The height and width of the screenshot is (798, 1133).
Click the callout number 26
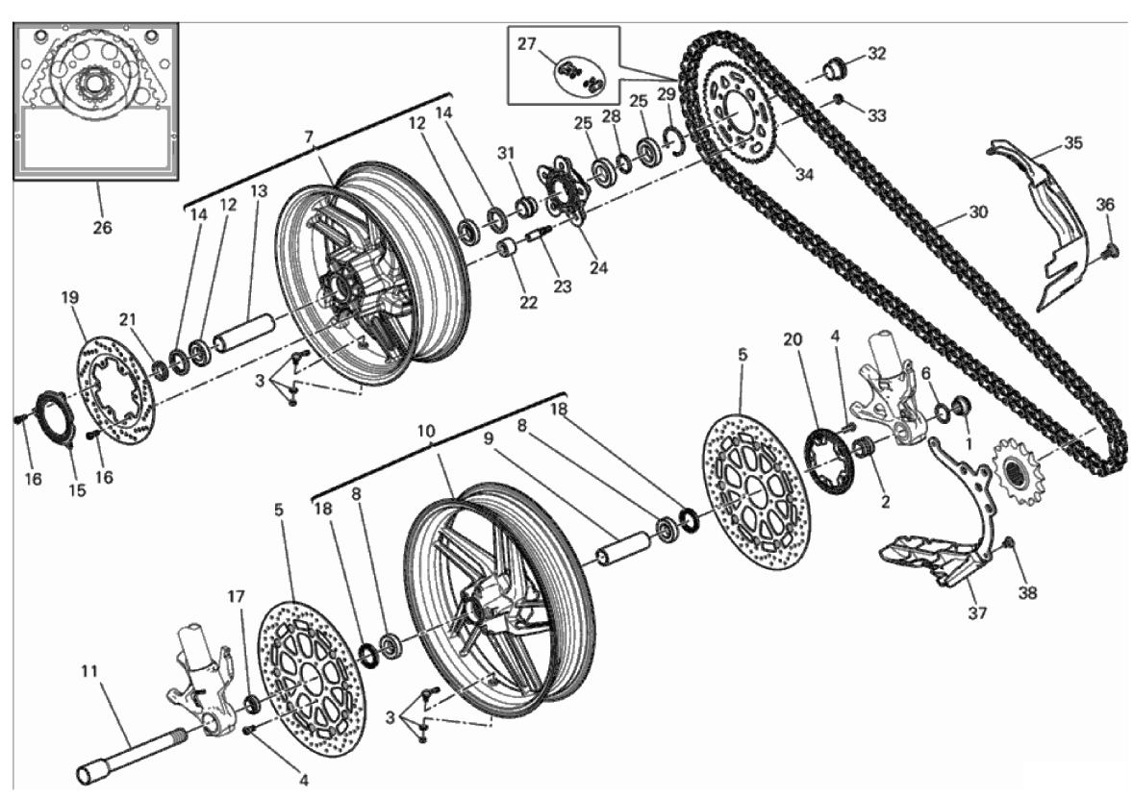pos(102,228)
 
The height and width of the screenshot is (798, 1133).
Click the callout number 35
pos(1072,143)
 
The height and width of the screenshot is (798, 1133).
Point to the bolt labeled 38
pos(1007,545)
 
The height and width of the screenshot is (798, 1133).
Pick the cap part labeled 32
pos(834,69)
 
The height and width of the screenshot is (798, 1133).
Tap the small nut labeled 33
pos(839,99)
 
